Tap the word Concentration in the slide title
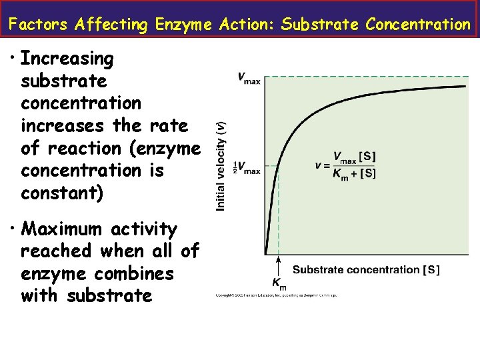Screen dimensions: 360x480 [418, 25]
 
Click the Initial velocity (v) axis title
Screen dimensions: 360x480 [221, 166]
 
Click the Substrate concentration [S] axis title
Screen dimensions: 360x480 [366, 270]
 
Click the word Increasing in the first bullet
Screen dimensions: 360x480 [67, 59]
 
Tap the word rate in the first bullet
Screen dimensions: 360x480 [169, 125]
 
